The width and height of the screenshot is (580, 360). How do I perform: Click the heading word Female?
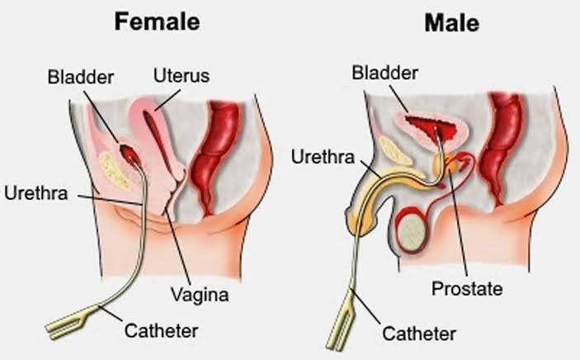click(158, 21)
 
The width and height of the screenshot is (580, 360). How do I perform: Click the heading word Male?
click(451, 22)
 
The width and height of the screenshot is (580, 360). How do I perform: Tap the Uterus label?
click(182, 76)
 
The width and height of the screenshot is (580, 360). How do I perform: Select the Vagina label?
click(200, 296)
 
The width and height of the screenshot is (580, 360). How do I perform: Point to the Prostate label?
click(467, 288)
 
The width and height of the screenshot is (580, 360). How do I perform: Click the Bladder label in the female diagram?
click(81, 77)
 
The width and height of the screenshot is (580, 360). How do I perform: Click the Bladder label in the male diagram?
click(384, 73)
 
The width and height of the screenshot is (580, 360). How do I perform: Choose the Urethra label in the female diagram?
click(36, 193)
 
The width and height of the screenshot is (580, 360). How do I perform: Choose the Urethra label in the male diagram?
click(323, 157)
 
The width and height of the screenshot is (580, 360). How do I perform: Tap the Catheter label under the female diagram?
click(161, 331)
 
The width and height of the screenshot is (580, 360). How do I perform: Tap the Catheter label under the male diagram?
click(419, 334)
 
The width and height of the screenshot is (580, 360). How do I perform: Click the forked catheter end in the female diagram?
click(68, 322)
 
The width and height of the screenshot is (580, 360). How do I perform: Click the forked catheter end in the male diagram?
click(341, 321)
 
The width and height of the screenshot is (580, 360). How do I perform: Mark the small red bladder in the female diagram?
click(130, 155)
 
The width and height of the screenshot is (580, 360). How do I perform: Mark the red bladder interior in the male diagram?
click(431, 128)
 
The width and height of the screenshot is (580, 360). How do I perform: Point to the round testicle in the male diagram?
click(412, 232)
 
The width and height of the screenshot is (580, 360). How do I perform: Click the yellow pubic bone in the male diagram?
click(395, 150)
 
